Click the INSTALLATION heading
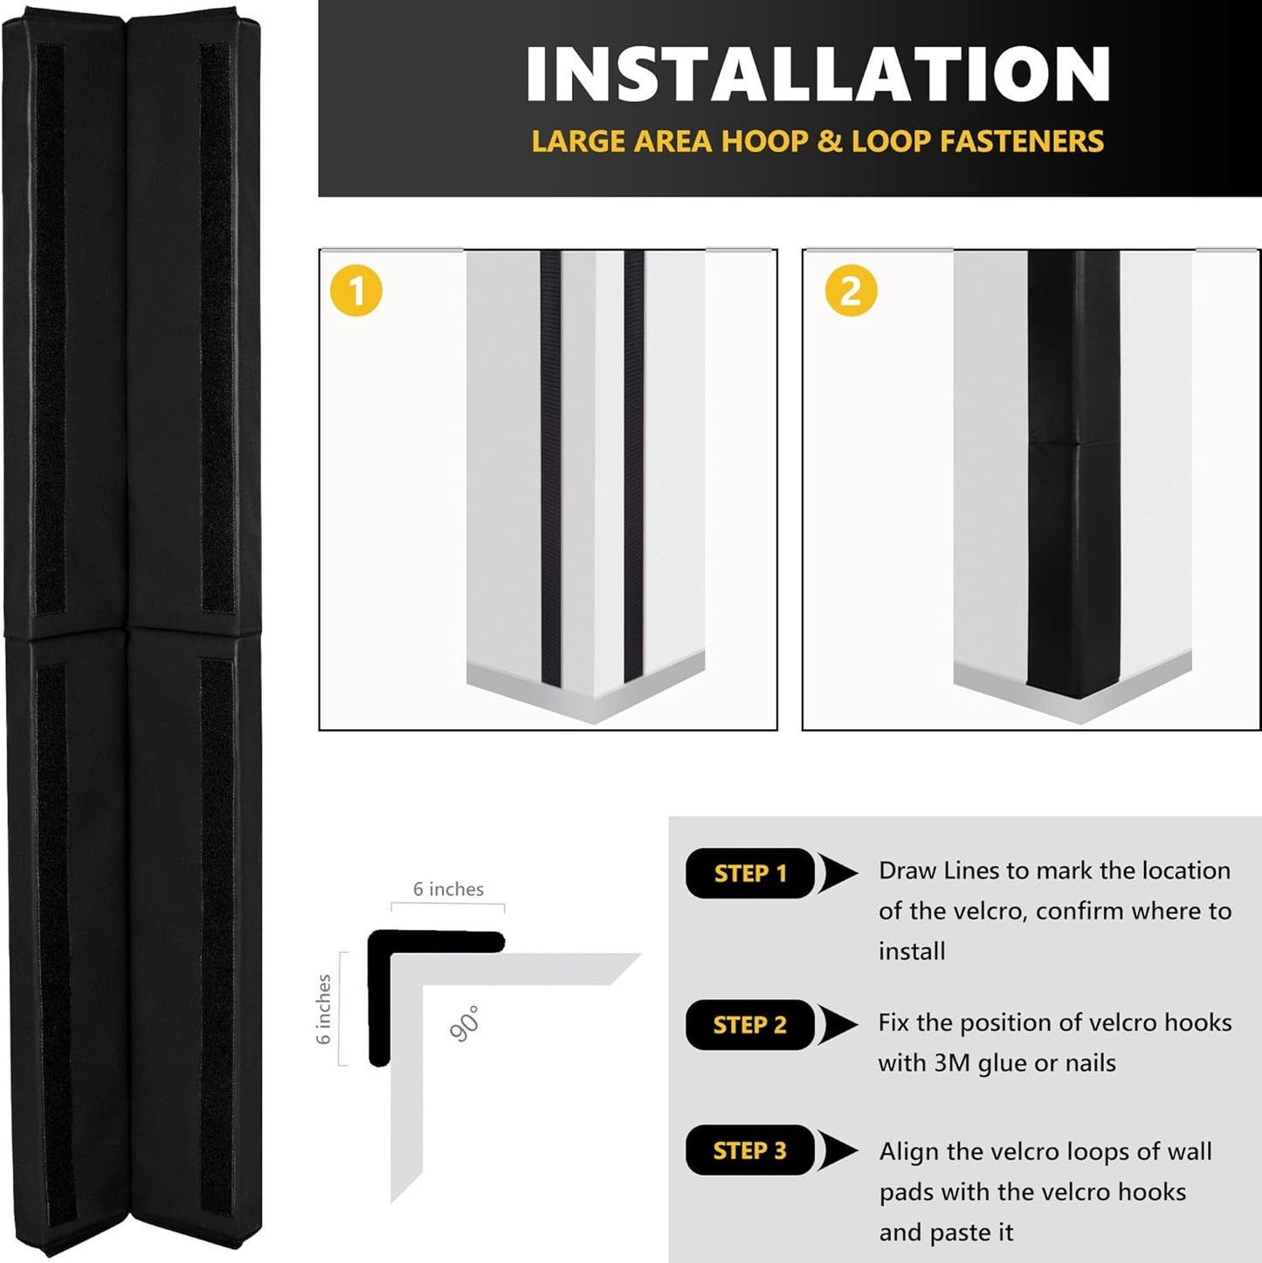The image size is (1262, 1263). [x=817, y=75]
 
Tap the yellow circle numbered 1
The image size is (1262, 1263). [x=355, y=291]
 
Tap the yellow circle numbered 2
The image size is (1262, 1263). [x=851, y=291]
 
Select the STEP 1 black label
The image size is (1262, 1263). [x=749, y=873]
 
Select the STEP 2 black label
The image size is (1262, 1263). [x=749, y=1025]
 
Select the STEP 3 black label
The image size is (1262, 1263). [x=749, y=1150]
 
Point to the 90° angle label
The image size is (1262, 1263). [x=465, y=1024]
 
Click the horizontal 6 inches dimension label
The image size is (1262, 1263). [x=448, y=889]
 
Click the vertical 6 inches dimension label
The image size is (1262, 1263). [x=324, y=1010]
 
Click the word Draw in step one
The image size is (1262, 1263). [x=906, y=871]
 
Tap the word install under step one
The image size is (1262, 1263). [x=912, y=951]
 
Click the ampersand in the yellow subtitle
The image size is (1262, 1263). [x=829, y=141]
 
